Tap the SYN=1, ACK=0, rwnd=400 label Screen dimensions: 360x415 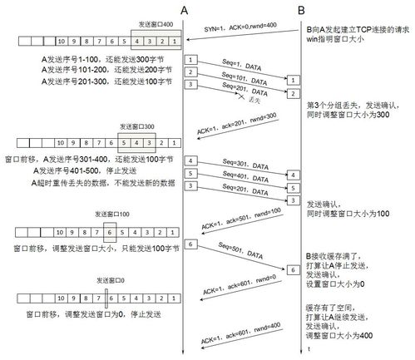[240, 30]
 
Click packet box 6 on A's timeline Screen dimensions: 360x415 [190, 244]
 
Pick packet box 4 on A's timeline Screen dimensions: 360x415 [190, 159]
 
